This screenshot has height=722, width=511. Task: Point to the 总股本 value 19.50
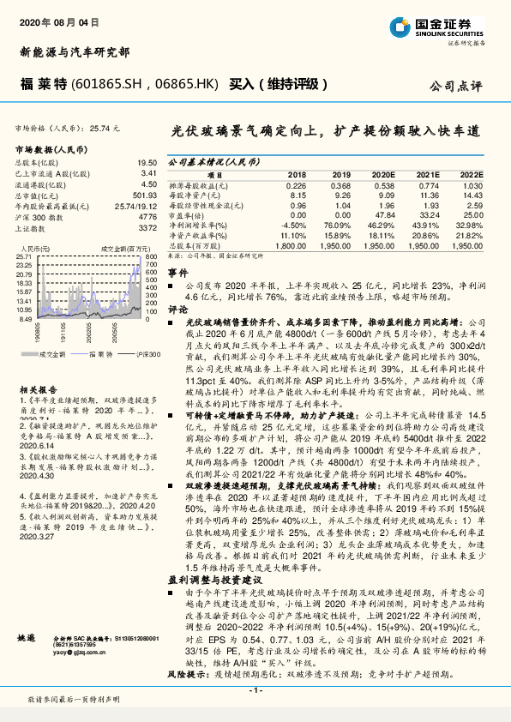(x=147, y=161)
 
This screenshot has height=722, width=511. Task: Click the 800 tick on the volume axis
(x=150, y=256)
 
